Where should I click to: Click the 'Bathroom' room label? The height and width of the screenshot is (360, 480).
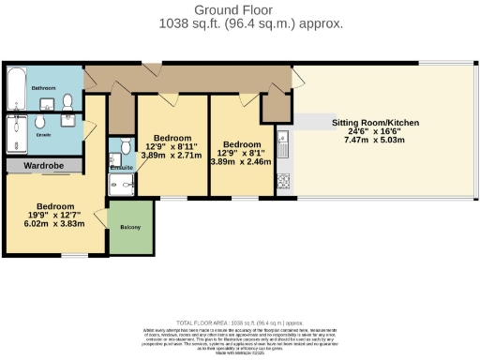pyautogui.click(x=44, y=87)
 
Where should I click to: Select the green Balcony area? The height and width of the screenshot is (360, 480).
pyautogui.click(x=129, y=226)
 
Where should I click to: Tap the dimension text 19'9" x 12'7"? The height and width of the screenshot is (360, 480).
pyautogui.click(x=49, y=217)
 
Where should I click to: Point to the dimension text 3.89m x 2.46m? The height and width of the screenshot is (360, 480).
pyautogui.click(x=240, y=161)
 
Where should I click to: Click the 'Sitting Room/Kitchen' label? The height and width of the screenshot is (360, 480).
pyautogui.click(x=375, y=123)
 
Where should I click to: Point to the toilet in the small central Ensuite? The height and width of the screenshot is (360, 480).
pyautogui.click(x=125, y=147)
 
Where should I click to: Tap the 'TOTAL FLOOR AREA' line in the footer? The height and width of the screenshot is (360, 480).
pyautogui.click(x=239, y=321)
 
